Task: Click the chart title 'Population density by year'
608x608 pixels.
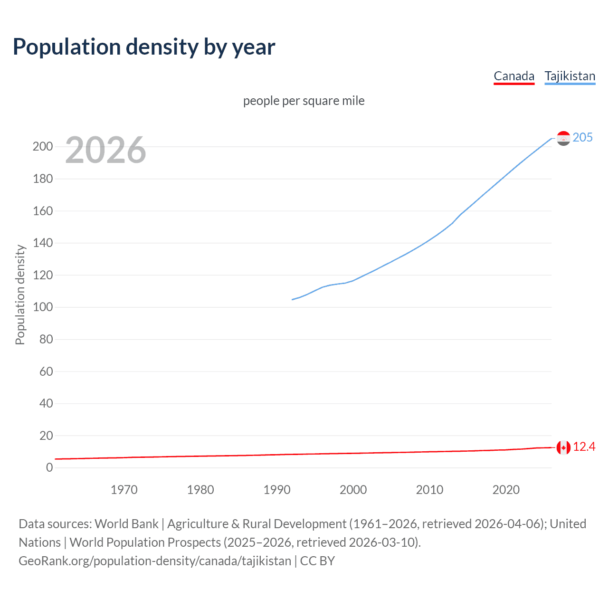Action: point(144,47)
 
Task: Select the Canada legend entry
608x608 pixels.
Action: point(514,76)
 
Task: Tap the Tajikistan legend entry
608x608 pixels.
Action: point(570,76)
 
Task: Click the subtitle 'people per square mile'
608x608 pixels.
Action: point(304,101)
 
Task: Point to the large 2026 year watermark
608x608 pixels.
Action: point(105,150)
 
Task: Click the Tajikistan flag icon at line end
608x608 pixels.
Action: point(563,138)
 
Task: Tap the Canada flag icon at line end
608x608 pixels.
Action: point(563,447)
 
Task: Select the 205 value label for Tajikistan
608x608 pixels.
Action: point(582,137)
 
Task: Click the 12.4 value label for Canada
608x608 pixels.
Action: point(584,447)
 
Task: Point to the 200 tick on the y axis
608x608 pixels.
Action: point(43,146)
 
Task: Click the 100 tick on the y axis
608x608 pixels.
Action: point(43,307)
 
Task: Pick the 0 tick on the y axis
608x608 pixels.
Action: point(49,467)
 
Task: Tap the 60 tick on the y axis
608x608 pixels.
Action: point(46,371)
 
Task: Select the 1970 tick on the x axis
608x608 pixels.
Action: point(124,490)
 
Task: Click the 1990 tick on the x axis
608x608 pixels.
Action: point(277,490)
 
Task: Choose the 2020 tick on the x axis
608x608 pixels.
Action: point(506,490)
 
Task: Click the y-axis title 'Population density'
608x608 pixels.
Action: point(20,294)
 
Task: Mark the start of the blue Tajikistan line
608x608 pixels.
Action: point(292,299)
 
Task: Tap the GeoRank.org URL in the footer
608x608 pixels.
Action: point(155,561)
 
